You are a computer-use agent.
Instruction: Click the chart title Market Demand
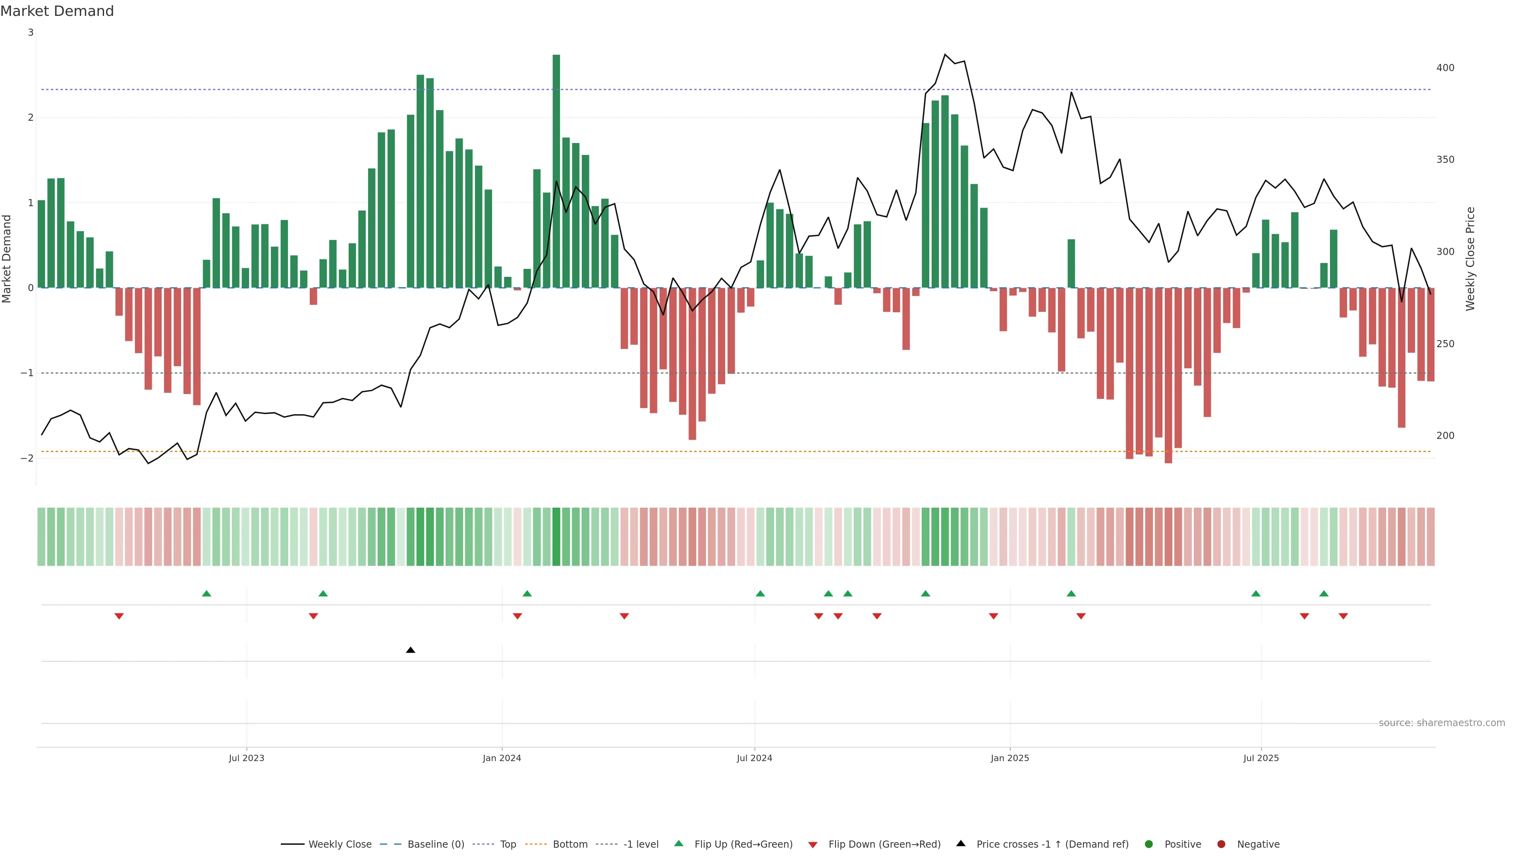pos(57,11)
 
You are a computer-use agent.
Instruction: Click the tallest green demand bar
pos(556,172)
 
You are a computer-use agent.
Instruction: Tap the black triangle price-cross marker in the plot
pos(410,650)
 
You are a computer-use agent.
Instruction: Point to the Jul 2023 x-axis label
pos(246,758)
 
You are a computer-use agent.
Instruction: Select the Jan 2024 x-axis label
pos(502,758)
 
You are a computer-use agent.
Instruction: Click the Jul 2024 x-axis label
pos(754,758)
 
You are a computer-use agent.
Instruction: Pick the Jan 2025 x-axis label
pos(1010,758)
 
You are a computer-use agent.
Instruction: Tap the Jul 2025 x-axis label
pos(1261,758)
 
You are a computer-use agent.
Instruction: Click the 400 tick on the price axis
pos(1445,68)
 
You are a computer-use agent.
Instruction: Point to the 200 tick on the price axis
pos(1445,436)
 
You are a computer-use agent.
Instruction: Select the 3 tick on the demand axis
pos(31,33)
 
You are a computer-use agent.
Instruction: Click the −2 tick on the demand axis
pos(27,458)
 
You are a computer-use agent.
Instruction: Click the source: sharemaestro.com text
pos(1442,723)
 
